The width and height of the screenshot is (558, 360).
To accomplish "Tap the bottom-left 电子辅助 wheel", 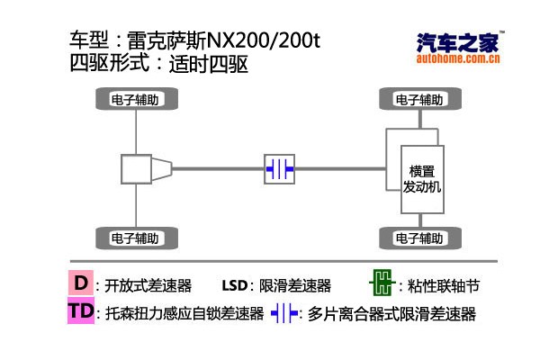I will (136, 238).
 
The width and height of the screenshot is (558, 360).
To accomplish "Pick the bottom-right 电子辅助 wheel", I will (418, 238).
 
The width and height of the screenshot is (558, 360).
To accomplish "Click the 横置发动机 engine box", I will (421, 178).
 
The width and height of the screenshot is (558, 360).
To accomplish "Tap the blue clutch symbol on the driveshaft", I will (279, 168).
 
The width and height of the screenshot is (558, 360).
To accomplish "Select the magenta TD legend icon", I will (81, 312).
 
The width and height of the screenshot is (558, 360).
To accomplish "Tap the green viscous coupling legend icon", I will (382, 284).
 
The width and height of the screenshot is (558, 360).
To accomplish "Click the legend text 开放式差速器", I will (148, 286).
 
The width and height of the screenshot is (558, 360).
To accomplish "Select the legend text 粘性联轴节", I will (444, 286).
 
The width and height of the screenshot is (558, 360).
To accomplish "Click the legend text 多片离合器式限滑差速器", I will (391, 315).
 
